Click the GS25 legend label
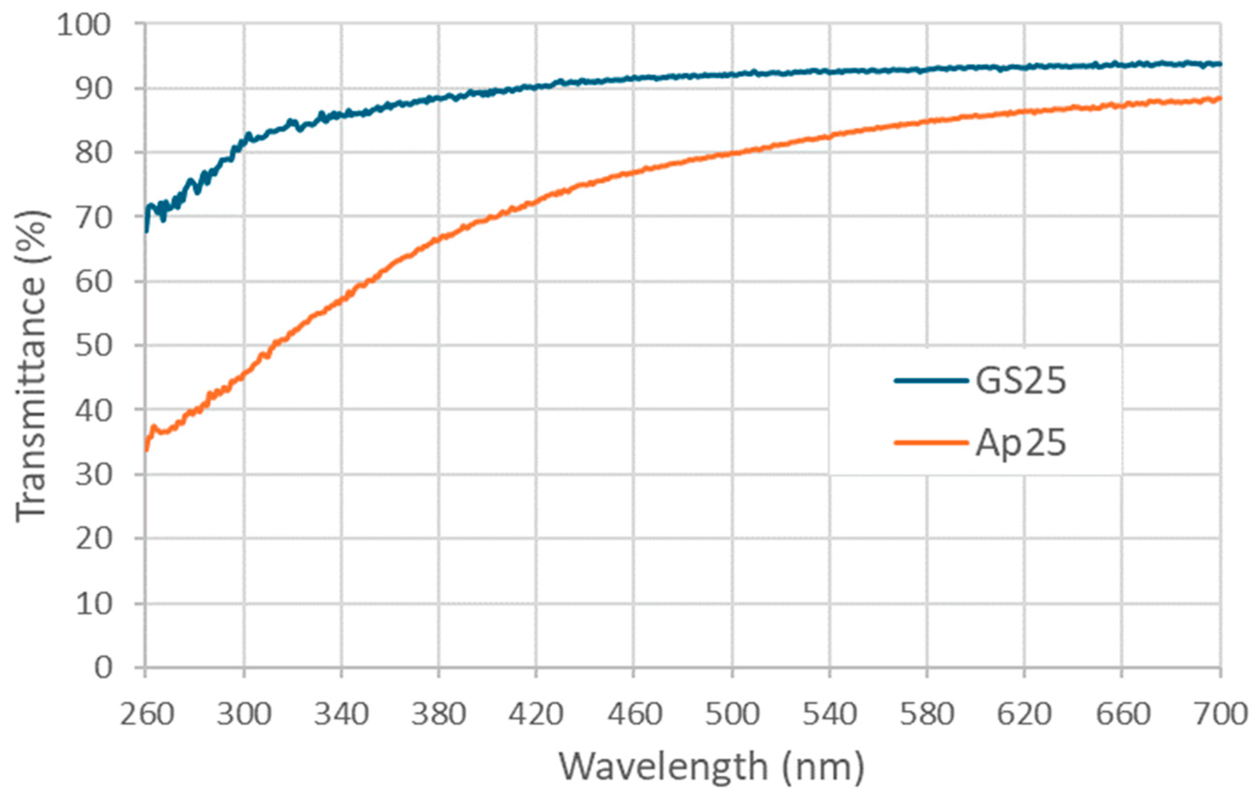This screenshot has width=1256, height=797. click(1021, 381)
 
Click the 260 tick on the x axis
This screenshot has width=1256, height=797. click(146, 714)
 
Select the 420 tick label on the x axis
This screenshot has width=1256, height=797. click(536, 714)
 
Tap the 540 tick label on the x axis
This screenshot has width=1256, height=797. click(829, 714)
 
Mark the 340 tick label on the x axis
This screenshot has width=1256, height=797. click(341, 714)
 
